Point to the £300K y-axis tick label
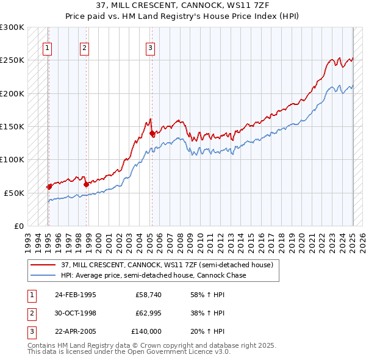(12, 27)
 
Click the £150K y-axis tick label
(12, 126)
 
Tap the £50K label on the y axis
(15, 192)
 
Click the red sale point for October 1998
(86, 184)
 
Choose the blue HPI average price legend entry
(152, 275)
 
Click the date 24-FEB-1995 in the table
(76, 295)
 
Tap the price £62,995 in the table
(149, 313)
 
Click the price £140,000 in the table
(146, 331)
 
